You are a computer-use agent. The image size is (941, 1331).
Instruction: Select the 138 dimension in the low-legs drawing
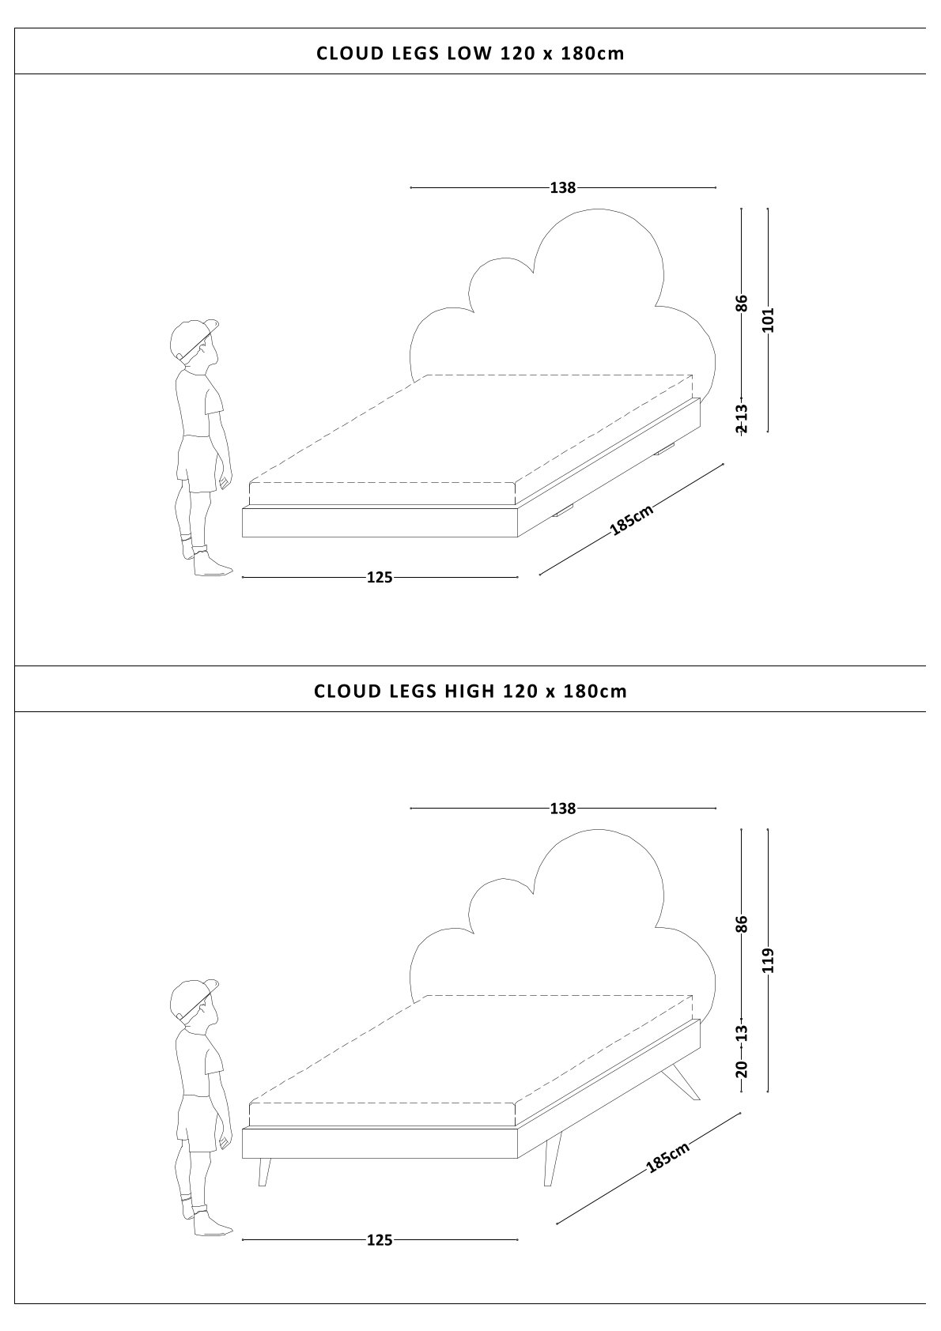click(x=563, y=188)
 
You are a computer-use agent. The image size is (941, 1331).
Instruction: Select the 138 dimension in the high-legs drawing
click(x=563, y=809)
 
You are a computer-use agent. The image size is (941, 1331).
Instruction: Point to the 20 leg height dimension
click(x=742, y=1069)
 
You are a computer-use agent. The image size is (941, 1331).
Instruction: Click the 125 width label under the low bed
click(x=380, y=578)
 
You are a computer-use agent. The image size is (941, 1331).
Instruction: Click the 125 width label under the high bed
click(x=380, y=1241)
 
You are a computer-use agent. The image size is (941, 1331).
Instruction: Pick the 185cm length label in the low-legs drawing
click(x=632, y=521)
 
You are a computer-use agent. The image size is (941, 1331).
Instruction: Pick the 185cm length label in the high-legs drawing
click(x=668, y=1157)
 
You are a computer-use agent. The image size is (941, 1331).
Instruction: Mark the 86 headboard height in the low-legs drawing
click(x=742, y=303)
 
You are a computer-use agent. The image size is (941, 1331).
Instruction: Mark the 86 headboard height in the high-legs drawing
click(x=742, y=924)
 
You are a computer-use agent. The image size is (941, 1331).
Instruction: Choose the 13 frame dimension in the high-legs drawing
click(x=742, y=1032)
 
